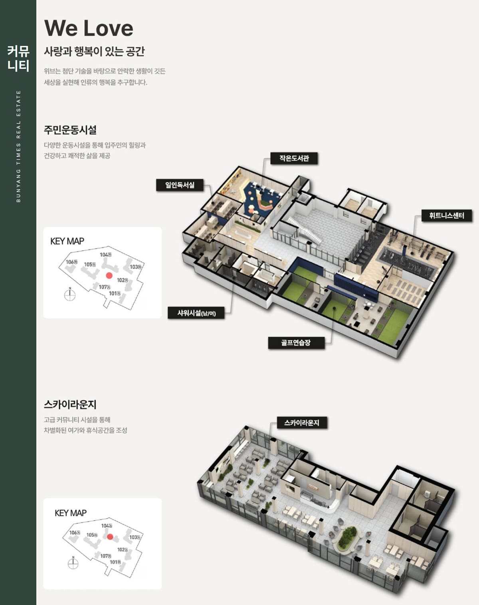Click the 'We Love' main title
[x=89, y=28]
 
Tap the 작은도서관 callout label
[x=294, y=158]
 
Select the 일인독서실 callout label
[x=180, y=185]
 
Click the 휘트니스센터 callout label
[x=446, y=216]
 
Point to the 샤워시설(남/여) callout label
[x=196, y=312]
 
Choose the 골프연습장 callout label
[x=296, y=343]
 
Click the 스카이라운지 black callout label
[x=302, y=422]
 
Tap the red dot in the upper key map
[x=109, y=275]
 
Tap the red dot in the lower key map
[x=110, y=537]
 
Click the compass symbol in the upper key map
[x=70, y=294]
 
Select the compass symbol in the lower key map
[x=73, y=563]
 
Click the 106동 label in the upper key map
[x=71, y=262]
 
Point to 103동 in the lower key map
[x=135, y=537]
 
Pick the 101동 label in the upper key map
[x=115, y=293]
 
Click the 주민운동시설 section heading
[x=70, y=129]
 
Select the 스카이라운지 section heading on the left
[x=70, y=404]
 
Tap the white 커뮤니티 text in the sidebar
[x=18, y=58]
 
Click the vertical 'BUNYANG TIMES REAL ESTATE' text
[x=18, y=146]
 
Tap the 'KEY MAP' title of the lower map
[x=71, y=513]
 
